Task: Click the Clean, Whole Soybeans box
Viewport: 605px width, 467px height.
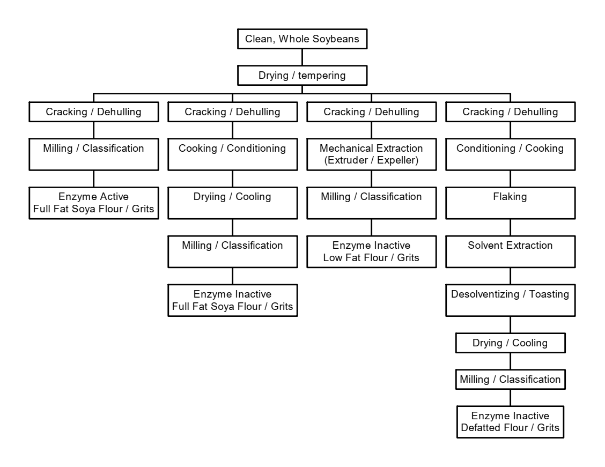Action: point(302,39)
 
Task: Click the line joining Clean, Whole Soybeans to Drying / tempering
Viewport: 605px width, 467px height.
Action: point(302,57)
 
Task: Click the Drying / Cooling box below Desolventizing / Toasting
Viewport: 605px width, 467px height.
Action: point(510,343)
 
